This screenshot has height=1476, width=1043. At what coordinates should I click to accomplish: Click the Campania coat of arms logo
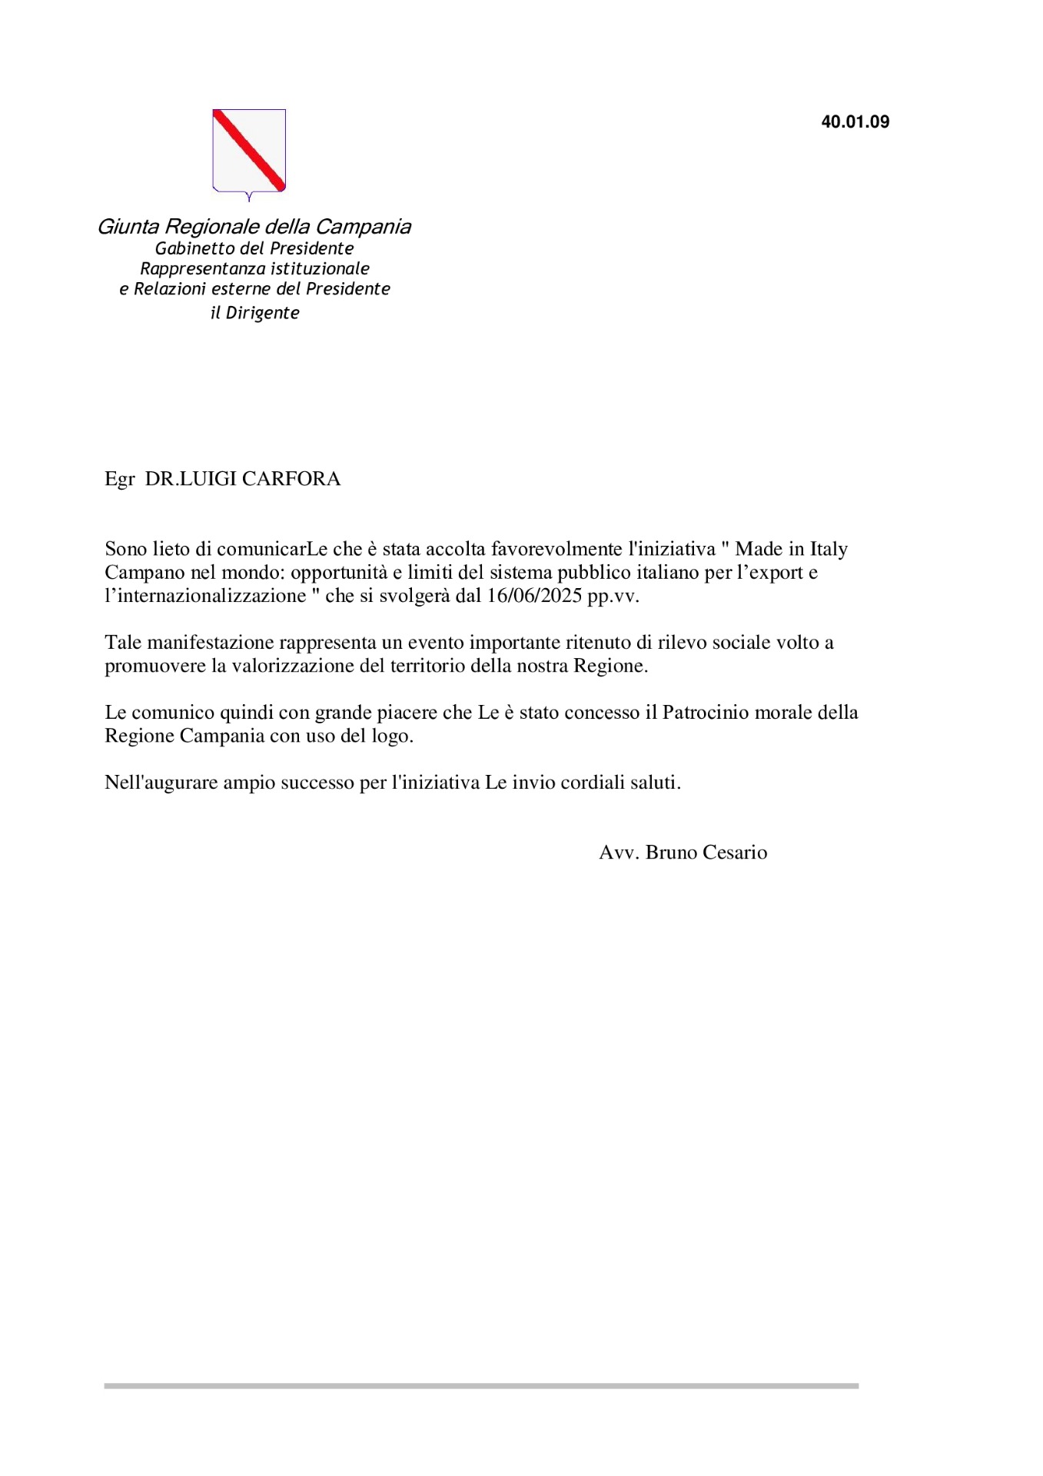pos(249,151)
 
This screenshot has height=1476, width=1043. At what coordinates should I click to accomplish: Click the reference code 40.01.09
pos(855,122)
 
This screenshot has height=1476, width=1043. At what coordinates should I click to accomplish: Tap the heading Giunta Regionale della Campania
pos(254,227)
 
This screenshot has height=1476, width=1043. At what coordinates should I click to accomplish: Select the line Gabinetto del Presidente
pos(254,248)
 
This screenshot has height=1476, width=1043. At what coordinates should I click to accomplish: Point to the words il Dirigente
pos(254,313)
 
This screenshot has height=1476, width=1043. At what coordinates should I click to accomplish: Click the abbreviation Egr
pos(119,480)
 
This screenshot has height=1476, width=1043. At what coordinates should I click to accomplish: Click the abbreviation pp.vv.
pos(613,597)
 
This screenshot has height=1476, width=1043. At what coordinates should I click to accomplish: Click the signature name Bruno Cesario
pos(706,853)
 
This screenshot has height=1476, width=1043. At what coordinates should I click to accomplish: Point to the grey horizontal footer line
pos(481,1386)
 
